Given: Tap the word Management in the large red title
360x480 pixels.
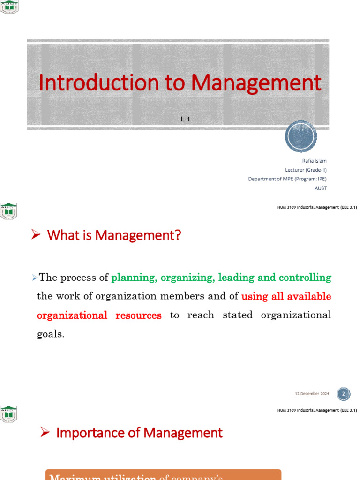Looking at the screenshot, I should coord(256,83).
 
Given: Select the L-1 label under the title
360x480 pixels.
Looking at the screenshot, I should coord(186,120).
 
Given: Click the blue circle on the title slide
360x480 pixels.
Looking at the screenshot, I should coord(301,136).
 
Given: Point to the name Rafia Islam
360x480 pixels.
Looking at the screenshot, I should coord(315,161).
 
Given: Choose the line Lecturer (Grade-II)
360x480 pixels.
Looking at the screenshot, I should coord(306,170).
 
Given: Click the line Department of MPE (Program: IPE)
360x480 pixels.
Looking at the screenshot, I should coord(287,179).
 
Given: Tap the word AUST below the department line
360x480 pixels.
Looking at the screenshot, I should coord(321,188).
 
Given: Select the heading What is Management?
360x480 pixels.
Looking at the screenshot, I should coord(114,235).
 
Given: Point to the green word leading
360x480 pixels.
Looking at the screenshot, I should coord(236,277).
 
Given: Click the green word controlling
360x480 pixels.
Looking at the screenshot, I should coord(305,277).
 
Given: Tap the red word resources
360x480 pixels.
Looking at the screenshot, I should coord(138,315).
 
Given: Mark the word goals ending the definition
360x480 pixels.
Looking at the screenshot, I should coord(50,334).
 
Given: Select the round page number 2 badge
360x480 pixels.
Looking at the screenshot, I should coord(343,394).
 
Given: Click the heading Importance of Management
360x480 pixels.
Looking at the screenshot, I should coord(139,433).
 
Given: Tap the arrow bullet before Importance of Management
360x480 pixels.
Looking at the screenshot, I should coord(45,432).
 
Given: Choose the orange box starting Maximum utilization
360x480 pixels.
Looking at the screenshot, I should coord(163,474).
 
